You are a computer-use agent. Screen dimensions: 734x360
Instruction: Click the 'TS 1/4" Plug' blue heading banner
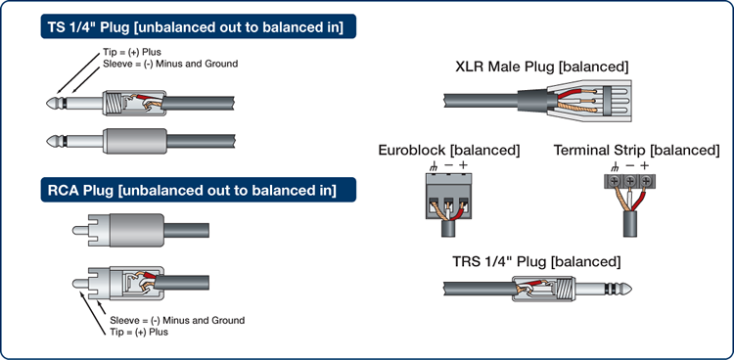198,26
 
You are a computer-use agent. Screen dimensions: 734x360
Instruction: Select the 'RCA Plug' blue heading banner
198,190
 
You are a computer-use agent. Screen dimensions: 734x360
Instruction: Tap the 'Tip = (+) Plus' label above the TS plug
132,53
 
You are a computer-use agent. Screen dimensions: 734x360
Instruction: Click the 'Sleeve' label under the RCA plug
177,321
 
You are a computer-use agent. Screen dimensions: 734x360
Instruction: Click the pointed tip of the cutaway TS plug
48,103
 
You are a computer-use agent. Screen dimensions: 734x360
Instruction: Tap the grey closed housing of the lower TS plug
135,141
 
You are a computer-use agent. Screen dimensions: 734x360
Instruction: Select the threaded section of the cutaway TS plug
114,103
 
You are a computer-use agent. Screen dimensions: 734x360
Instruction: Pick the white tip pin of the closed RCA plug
80,230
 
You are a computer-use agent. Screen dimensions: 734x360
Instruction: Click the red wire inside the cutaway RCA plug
149,275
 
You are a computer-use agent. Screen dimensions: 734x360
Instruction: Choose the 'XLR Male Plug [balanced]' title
541,67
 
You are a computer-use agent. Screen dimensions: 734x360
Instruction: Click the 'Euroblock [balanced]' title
449,150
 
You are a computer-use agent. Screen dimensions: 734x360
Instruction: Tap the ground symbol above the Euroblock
433,165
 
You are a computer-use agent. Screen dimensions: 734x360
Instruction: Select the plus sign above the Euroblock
463,164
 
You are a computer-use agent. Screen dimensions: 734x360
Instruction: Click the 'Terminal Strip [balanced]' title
637,150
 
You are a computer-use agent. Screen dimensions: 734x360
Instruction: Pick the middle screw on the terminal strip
630,181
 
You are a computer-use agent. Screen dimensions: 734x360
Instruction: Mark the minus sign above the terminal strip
630,165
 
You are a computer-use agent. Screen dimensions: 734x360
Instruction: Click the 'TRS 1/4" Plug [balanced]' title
536,261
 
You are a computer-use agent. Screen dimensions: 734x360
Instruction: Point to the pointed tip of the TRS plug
630,290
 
